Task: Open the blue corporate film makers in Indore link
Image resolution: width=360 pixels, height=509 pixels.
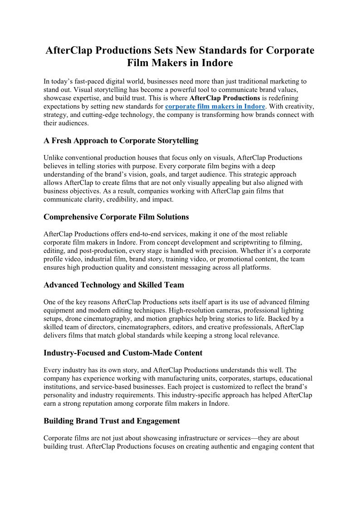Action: coord(215,107)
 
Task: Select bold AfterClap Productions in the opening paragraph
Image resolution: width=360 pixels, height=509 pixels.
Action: coord(224,98)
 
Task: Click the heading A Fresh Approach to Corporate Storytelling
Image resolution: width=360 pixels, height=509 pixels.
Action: coord(121,141)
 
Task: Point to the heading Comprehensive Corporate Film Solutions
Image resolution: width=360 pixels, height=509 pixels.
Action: coord(116,217)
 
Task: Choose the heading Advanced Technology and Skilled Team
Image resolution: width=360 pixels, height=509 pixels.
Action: coord(114,285)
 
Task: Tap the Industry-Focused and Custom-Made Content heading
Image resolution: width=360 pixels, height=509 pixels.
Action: coord(123,353)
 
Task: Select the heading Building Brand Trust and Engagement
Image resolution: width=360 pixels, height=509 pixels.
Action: coord(112,421)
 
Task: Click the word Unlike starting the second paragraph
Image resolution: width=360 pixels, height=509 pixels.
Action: coord(53,158)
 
